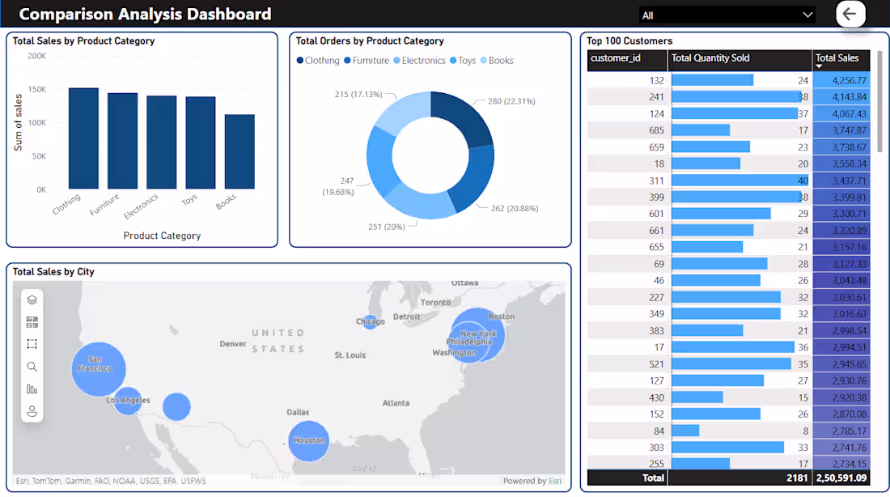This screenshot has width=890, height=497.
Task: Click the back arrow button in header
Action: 850,14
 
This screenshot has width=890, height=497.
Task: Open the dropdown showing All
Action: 726,15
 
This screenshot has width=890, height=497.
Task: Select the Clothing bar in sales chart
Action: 83,138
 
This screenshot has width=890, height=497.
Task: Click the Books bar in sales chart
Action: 239,151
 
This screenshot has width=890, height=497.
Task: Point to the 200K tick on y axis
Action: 36,56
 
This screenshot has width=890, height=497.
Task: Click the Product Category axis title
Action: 162,236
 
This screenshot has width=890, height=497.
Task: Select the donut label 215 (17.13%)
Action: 358,95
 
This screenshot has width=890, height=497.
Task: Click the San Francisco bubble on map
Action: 98,368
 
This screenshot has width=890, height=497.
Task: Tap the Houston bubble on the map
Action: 308,440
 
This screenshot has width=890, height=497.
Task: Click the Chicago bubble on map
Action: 370,321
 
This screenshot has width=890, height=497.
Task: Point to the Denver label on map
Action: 233,344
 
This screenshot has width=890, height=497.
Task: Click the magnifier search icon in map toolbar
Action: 32,367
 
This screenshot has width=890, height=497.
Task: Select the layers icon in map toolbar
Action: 32,299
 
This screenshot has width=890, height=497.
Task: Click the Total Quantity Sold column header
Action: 711,58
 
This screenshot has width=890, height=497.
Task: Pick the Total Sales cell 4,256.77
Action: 841,80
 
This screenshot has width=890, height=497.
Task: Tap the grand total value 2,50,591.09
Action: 841,478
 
